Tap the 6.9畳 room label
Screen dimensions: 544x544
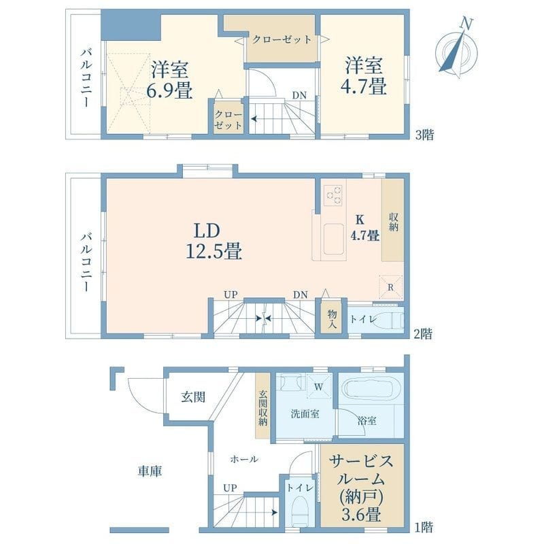point(170,79)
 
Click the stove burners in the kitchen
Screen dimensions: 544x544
point(334,195)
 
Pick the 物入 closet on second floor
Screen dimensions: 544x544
point(332,318)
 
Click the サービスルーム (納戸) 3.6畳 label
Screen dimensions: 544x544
point(362,484)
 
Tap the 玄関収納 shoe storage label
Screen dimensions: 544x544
point(262,408)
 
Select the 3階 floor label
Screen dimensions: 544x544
point(423,134)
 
